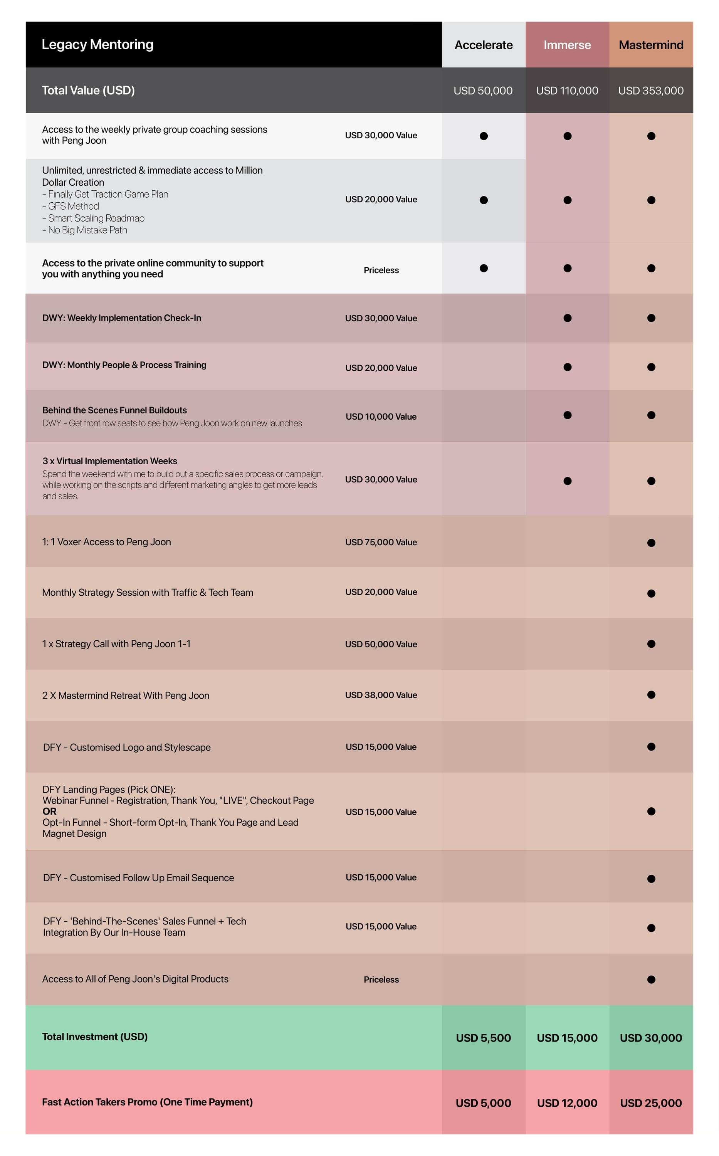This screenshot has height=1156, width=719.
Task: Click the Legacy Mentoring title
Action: point(97,44)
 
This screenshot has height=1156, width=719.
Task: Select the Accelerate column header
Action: point(483,45)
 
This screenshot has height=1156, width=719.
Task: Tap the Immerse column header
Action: point(567,45)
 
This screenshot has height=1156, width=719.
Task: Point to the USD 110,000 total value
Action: point(567,90)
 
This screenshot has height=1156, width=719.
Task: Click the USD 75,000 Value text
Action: point(381,542)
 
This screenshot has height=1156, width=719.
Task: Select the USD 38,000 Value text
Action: point(381,695)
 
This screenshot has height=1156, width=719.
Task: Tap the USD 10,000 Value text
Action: point(381,417)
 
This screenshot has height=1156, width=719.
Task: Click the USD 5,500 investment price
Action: point(483,1038)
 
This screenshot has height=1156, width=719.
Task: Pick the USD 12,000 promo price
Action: point(567,1103)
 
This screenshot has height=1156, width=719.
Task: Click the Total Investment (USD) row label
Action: point(95,1037)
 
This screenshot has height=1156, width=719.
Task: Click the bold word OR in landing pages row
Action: point(49,811)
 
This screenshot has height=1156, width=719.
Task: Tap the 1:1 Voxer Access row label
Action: point(106,542)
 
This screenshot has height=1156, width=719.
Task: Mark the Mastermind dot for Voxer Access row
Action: point(651,543)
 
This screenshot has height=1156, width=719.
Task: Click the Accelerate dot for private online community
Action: point(484,268)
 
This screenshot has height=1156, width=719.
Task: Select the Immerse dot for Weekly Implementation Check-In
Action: point(567,318)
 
